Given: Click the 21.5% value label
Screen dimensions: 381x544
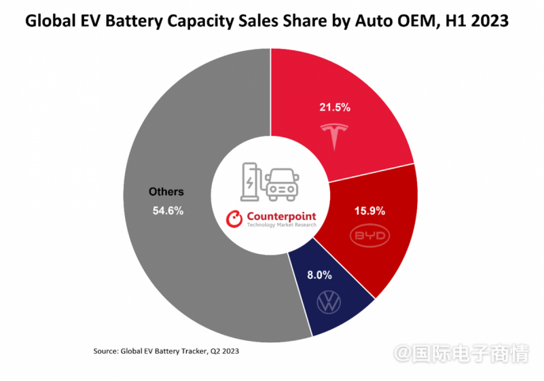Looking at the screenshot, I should click(x=334, y=107).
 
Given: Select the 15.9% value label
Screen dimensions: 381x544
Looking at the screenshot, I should click(x=369, y=211).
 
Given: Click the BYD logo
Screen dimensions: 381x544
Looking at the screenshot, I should click(x=369, y=236).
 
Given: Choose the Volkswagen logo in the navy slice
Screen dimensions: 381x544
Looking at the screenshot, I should click(x=328, y=302).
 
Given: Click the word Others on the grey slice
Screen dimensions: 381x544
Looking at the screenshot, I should click(x=166, y=192).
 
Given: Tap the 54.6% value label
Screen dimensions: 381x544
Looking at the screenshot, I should click(x=168, y=211).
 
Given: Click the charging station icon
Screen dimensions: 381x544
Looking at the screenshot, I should click(x=250, y=179).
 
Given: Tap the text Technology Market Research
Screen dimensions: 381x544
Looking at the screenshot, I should click(x=281, y=225).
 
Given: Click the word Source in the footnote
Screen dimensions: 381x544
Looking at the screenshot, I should click(x=105, y=351).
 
